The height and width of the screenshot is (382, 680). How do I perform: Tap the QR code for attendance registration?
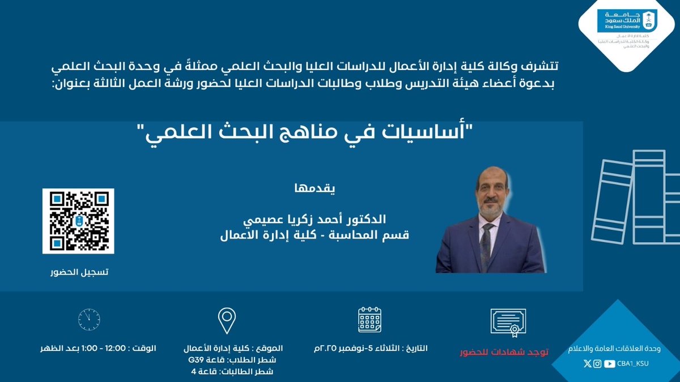tap(78, 221)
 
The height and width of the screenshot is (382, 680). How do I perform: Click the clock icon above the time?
tap(89, 320)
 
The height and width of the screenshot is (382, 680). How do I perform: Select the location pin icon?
tap(226, 320)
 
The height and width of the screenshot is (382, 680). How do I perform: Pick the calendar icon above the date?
tap(369, 320)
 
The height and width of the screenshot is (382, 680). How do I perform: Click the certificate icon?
tap(508, 323)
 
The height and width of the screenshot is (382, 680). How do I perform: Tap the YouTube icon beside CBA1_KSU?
tap(609, 363)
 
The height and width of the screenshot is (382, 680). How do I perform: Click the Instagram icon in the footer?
tap(597, 363)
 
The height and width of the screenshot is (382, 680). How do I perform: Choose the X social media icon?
tap(586, 363)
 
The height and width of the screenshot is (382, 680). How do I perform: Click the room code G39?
tap(195, 359)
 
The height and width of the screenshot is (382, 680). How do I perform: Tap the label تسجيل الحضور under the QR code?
tap(78, 272)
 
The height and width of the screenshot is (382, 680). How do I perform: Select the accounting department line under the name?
tap(314, 233)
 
